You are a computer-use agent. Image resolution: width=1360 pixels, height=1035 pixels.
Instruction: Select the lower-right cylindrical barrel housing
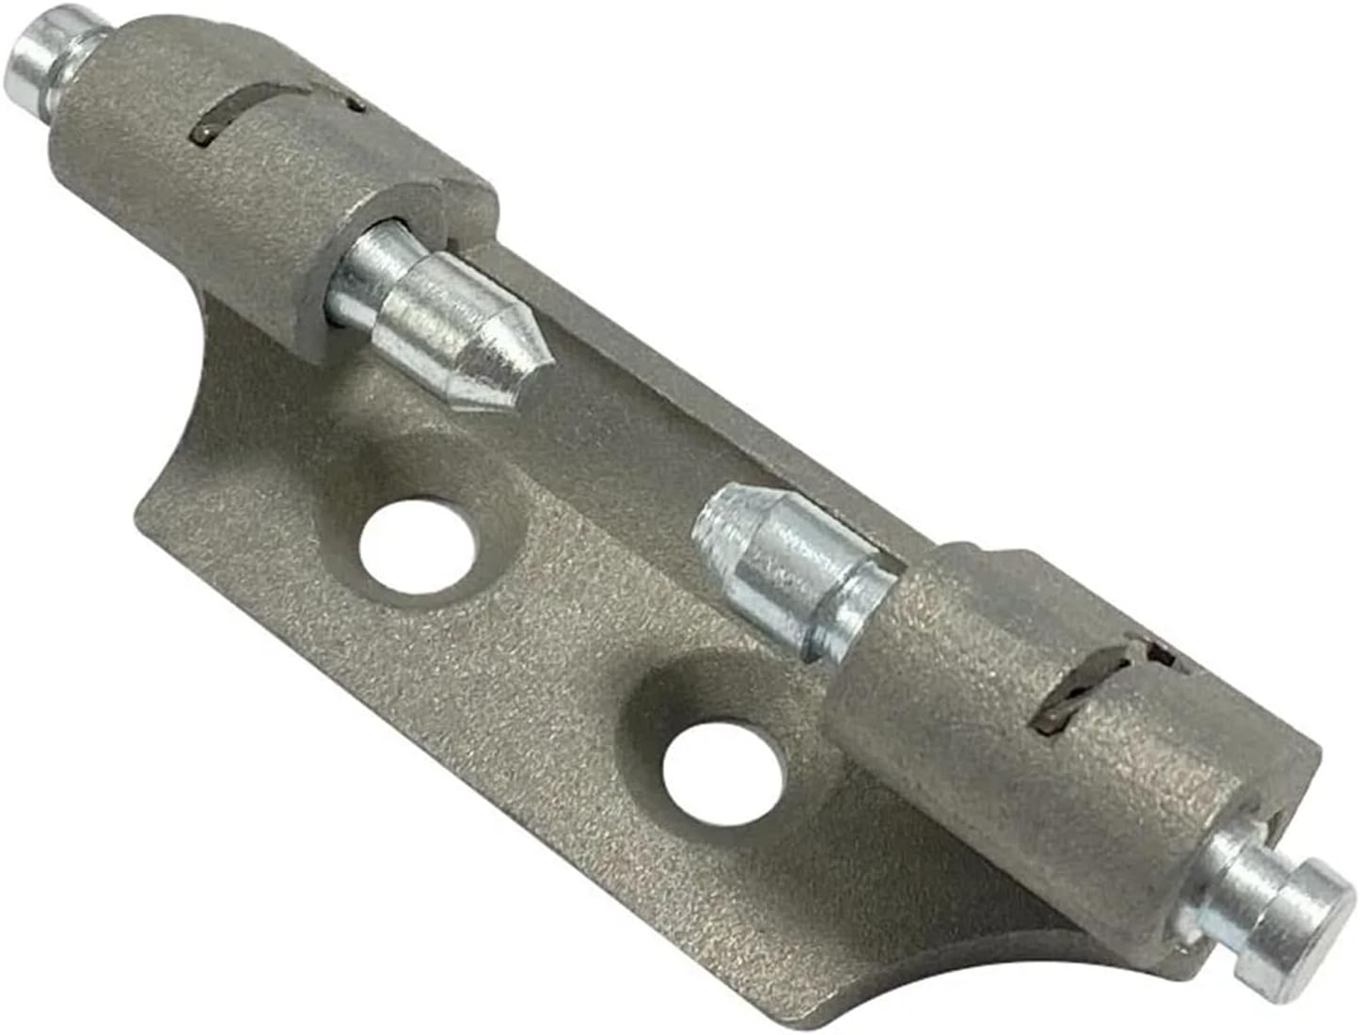pyautogui.click(x=1035, y=753)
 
